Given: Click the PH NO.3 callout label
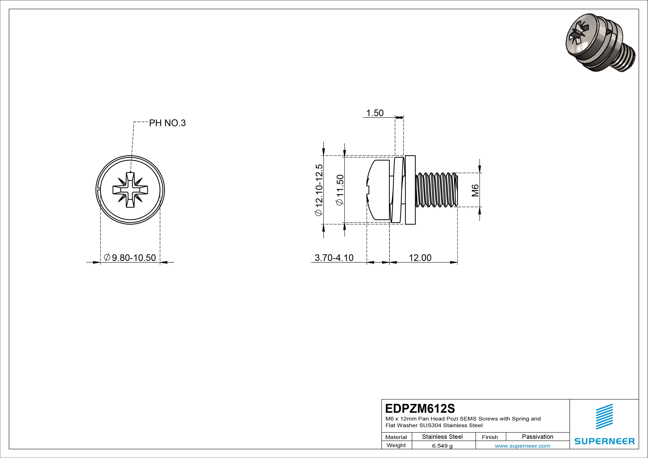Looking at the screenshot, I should tap(167, 123).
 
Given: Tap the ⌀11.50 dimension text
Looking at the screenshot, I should tap(340, 190).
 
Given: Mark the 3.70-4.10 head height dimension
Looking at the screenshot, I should tap(334, 258).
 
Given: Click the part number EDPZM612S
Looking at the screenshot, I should tap(420, 408).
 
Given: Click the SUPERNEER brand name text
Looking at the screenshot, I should tap(604, 441).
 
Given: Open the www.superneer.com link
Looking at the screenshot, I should tap(522, 446).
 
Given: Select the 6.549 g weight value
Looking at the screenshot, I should tap(442, 446).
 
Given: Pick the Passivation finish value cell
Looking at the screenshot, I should tap(537, 437).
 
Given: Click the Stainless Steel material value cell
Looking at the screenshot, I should tap(442, 437).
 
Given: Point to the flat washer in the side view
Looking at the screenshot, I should tap(410, 190).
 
